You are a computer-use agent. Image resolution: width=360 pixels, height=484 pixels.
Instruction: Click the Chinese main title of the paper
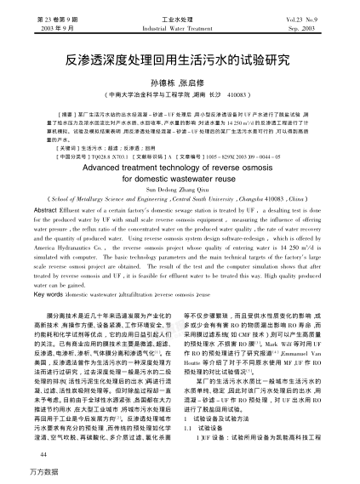click(180, 62)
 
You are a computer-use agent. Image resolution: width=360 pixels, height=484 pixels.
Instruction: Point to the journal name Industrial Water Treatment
click(180, 27)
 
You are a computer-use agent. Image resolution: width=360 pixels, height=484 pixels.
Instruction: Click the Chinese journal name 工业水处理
click(180, 18)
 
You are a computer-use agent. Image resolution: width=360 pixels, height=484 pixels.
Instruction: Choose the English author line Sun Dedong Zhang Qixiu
click(180, 192)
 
